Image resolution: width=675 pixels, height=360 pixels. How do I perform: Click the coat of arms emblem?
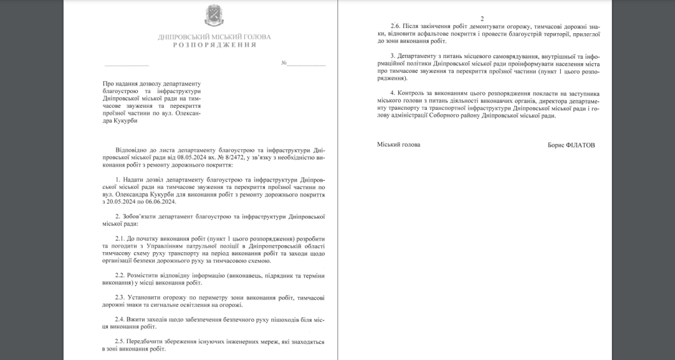click(214, 15)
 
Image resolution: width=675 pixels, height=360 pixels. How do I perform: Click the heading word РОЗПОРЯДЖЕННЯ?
click(214, 45)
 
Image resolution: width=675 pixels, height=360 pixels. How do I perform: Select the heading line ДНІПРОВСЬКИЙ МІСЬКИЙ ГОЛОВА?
click(214, 37)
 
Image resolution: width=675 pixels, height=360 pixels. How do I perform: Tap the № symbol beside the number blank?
click(284, 63)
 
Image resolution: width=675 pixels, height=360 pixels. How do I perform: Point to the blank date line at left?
click(126, 64)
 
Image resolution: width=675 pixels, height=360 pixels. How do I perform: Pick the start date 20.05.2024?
click(124, 202)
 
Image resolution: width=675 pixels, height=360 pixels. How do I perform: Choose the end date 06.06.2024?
click(159, 202)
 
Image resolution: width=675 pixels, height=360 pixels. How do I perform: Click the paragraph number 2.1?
click(121, 238)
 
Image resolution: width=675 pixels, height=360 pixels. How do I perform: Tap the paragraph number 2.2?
click(121, 275)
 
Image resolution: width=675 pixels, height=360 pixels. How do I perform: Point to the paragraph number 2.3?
click(121, 297)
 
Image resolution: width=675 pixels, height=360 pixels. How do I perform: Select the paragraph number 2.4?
click(121, 319)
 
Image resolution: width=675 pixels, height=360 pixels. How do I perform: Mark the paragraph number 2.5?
click(121, 341)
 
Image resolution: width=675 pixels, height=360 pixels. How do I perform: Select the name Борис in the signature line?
click(556, 146)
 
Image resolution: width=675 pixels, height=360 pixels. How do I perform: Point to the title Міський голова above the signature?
click(399, 145)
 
